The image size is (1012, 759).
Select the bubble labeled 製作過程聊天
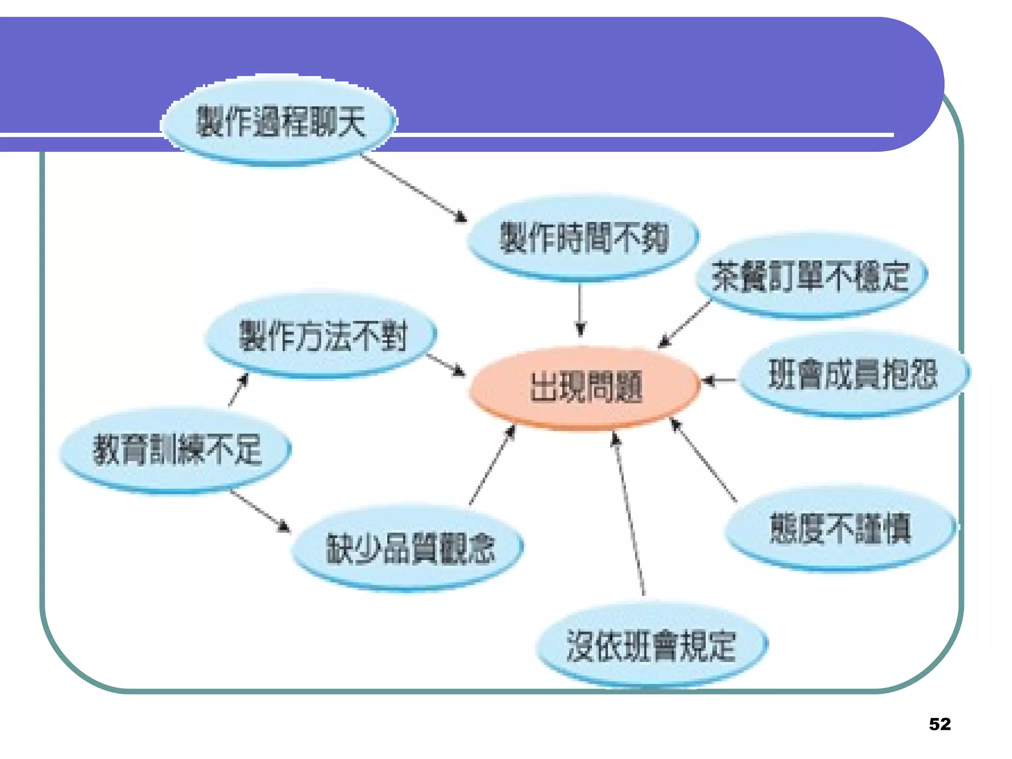coord(279,121)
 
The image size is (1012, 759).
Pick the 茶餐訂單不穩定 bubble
coord(810,277)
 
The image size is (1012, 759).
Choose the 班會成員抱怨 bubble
coord(853,375)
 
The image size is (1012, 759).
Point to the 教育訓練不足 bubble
coord(176,450)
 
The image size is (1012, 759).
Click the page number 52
coord(939,724)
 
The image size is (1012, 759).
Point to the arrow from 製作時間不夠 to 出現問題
coord(581,309)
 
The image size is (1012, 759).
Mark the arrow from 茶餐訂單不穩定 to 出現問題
coord(685,324)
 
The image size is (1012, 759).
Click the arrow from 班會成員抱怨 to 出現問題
coord(719,380)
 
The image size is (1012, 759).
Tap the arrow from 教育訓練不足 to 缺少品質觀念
coord(260,511)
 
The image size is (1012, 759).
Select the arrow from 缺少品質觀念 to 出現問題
coord(492,464)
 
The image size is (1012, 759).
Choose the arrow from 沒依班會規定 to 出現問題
coord(629,514)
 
